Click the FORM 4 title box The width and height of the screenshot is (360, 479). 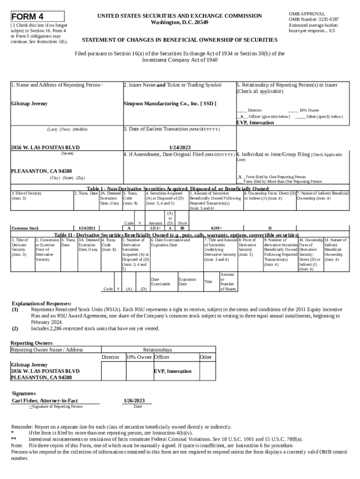[x=37, y=16]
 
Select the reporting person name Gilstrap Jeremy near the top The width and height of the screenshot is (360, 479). [x=29, y=103]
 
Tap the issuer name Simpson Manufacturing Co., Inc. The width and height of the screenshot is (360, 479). [x=169, y=103]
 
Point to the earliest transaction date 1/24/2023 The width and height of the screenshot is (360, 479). [x=179, y=147]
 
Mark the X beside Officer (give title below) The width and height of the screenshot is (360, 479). [x=242, y=116]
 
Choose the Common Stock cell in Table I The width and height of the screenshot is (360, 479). [x=25, y=228]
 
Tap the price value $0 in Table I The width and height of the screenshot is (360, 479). [x=182, y=228]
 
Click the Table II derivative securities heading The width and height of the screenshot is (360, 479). [x=176, y=235]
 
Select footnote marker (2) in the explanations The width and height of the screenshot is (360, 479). [x=15, y=328]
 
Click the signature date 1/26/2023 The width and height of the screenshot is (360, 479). [x=134, y=401]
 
